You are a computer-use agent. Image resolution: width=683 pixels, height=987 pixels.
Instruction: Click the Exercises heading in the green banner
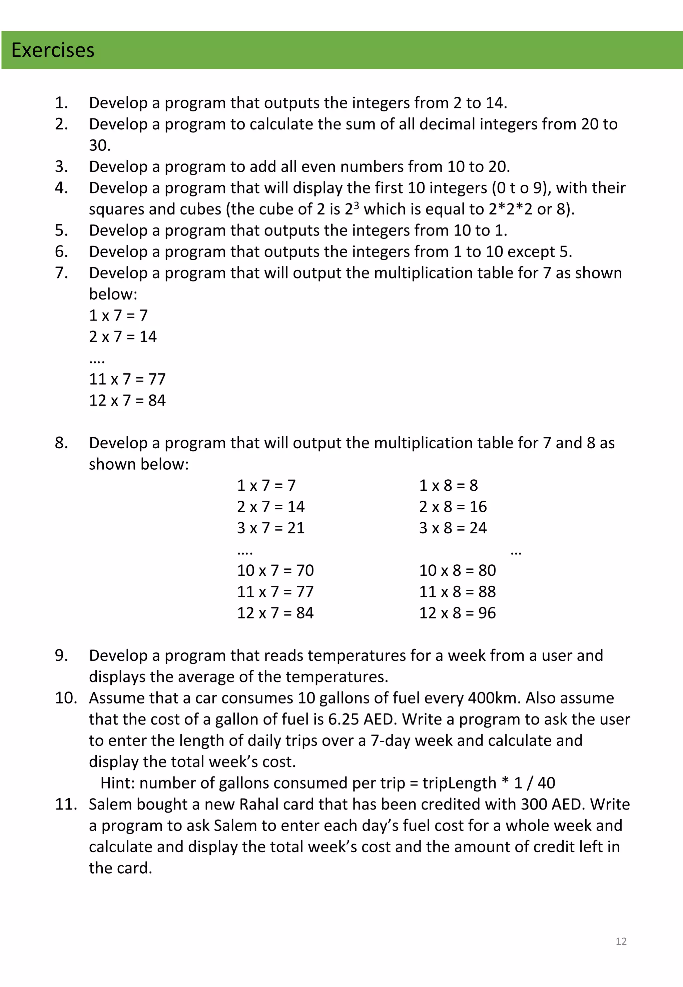click(53, 50)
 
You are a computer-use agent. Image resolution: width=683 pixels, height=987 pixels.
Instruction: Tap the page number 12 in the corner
click(621, 941)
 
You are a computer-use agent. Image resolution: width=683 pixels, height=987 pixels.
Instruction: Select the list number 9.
click(61, 655)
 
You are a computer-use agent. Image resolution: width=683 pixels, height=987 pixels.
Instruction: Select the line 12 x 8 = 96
click(457, 613)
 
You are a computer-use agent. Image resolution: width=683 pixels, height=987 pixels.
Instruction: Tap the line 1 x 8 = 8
click(448, 485)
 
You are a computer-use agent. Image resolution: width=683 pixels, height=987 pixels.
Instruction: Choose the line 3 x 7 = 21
click(270, 528)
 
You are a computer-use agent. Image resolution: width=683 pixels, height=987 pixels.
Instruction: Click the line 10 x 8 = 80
click(457, 570)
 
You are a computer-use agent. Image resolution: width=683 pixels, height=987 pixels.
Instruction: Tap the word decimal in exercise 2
click(447, 124)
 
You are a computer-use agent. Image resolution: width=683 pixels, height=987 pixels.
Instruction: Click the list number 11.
click(65, 804)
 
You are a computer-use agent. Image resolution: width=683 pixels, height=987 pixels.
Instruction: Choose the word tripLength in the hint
click(459, 783)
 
